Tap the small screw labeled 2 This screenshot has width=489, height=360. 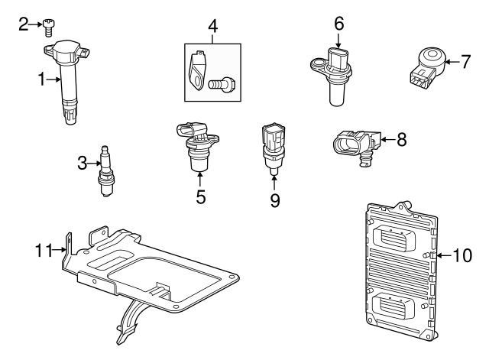[49, 27]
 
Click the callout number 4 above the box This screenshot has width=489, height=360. [212, 26]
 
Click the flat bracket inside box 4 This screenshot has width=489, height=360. [197, 70]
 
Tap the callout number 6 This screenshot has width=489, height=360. [338, 24]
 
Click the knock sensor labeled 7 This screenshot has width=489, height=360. [424, 63]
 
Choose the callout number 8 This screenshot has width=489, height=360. [401, 139]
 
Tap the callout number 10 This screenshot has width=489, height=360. [463, 255]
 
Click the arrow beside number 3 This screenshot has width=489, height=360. [93, 161]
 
